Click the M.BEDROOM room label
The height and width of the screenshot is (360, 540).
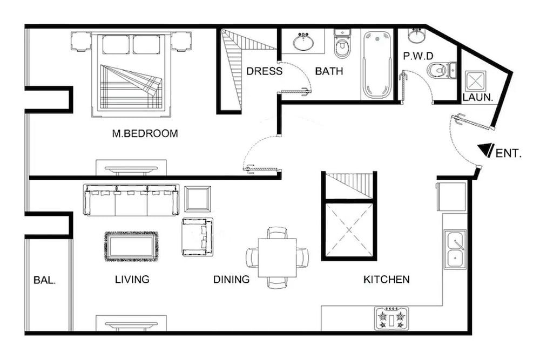coord(145,134)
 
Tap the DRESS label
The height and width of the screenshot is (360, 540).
coord(264,71)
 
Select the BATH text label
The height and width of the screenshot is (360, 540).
coord(329,71)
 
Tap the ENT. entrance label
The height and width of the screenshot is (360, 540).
coord(508,153)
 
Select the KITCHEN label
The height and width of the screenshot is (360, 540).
coord(386,280)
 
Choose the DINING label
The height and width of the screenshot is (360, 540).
coord(231,280)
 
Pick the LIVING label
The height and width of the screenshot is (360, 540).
coord(132,280)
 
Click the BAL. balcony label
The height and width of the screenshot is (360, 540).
coord(44,280)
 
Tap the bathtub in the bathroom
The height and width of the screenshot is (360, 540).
coord(376,64)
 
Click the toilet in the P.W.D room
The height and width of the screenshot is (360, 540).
coord(440,70)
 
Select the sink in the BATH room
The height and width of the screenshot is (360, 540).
coord(305,41)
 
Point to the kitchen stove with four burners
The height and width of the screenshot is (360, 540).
coord(391,318)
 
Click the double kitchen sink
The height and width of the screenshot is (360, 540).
coord(455,249)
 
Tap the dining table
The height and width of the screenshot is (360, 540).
coord(277,257)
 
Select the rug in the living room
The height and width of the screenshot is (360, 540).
coord(131,246)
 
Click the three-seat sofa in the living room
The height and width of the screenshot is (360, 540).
coord(131,200)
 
